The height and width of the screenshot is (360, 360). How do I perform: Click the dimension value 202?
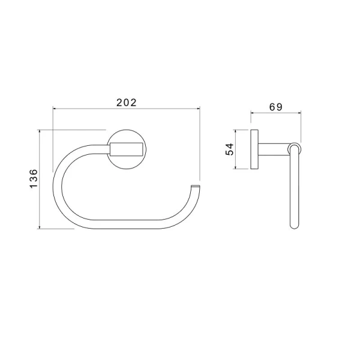[x=127, y=102]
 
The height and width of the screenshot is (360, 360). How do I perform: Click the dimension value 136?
[x=34, y=179]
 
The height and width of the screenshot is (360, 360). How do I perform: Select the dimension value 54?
[x=229, y=149]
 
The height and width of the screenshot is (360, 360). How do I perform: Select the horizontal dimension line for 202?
[x=90, y=109]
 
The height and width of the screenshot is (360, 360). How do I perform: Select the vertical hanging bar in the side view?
[x=293, y=192]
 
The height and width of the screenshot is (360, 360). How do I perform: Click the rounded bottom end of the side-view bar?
[x=293, y=226]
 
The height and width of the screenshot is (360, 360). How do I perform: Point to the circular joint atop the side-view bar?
[x=294, y=147]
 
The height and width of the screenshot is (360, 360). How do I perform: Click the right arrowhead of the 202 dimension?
[x=197, y=109]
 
